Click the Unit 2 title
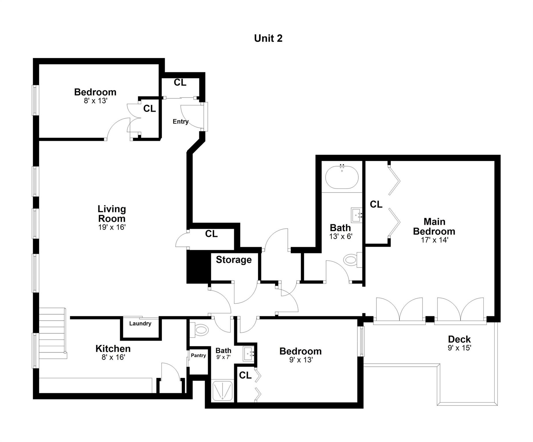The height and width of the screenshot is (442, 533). coord(268,38)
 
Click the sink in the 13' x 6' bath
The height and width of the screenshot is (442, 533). coord(357,215)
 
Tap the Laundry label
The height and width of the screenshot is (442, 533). coord(140,323)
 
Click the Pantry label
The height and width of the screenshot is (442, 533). coord(198,355)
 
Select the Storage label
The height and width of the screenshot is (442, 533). coord(234,260)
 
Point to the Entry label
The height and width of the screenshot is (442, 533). coord(180,121)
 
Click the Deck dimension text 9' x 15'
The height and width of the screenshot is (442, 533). coord(459,348)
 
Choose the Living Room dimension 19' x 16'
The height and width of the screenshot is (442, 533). coord(112,227)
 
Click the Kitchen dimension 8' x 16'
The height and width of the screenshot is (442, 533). coord(113,357)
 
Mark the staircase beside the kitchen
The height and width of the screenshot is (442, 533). coord(53,333)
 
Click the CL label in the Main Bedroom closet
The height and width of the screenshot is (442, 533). coord(376,204)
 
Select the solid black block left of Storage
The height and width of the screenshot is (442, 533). coord(199,266)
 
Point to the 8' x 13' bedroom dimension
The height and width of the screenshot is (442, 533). coord(96,101)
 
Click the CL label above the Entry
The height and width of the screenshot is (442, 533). coord(180,83)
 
